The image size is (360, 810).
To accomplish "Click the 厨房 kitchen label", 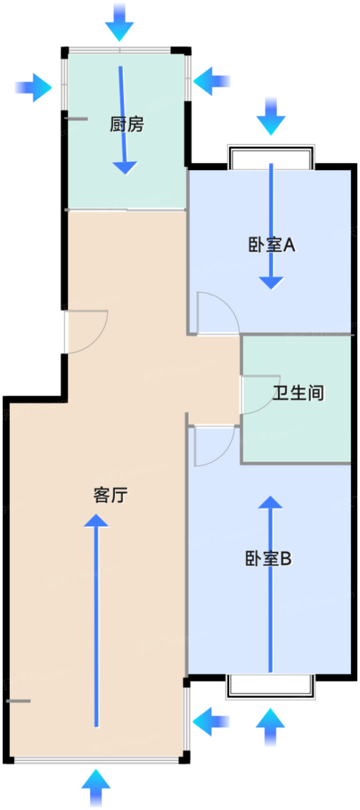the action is click(x=127, y=124).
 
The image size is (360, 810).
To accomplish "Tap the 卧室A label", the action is click(x=271, y=245).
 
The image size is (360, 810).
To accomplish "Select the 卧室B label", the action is click(x=269, y=558).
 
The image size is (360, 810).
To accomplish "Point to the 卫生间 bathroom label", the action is click(x=298, y=393).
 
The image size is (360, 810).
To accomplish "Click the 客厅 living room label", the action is click(x=111, y=495).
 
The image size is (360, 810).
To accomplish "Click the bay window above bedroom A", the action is click(x=271, y=157).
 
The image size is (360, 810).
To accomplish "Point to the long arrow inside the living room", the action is click(x=96, y=620).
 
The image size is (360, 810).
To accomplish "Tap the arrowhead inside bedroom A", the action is click(x=271, y=283).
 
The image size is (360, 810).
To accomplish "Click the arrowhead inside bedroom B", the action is click(x=270, y=503).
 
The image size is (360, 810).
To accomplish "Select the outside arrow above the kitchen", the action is click(x=119, y=23).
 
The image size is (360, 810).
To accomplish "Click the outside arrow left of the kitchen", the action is click(x=34, y=87).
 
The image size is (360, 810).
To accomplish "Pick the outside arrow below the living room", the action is click(x=96, y=788).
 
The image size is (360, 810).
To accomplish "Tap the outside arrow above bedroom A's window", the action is click(x=271, y=116).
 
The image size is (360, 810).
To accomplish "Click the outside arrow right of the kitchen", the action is click(x=212, y=81).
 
